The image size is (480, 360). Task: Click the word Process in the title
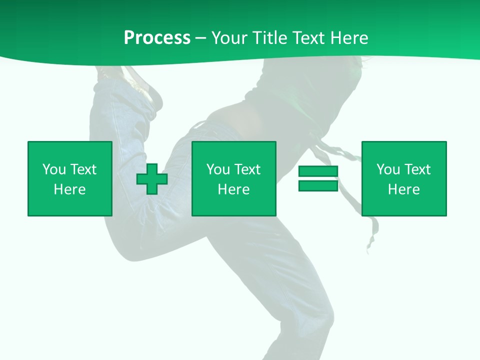point(157,37)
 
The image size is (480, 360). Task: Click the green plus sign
point(152,179)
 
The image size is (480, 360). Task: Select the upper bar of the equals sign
point(318,171)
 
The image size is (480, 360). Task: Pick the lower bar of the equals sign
point(318,185)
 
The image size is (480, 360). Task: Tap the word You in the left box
point(54,169)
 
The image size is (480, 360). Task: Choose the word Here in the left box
point(69,189)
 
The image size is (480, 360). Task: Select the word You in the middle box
point(218,169)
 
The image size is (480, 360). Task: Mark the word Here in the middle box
point(233,189)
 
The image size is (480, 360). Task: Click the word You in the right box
point(388,169)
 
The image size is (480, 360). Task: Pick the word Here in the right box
point(403,189)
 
